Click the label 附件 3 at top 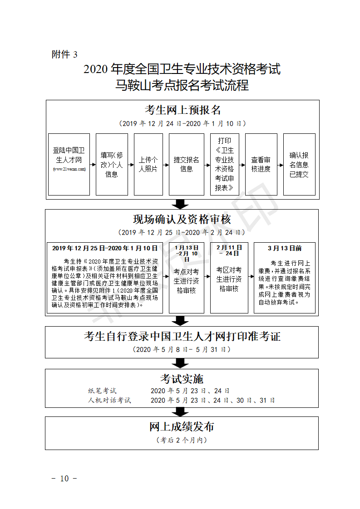coord(64,54)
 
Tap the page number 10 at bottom coord(64,478)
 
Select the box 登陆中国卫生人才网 coord(69,164)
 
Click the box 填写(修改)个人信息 coord(112,164)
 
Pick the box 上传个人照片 coord(148,164)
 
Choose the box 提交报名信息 coord(186,164)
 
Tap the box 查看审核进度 coord(261,164)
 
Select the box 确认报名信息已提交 coord(299,164)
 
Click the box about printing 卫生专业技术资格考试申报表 coord(224,164)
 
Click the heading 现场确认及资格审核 coord(182,220)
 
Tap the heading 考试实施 coord(182,378)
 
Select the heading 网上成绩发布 coord(182,427)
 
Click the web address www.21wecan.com coord(69,169)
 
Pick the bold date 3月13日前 coord(285,248)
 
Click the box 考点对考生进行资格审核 coord(186,280)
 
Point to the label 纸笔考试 coord(102,391)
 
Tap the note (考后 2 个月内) coord(182,440)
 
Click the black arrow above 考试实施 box coord(182,363)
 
